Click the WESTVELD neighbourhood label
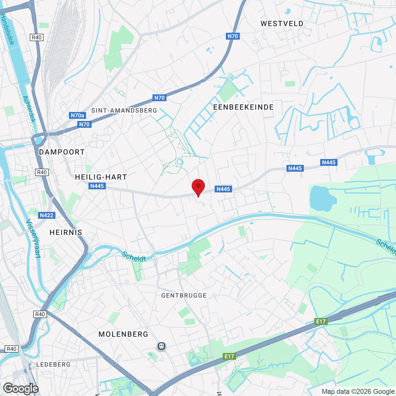[282, 24]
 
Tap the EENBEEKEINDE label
[243, 107]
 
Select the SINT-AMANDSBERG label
[124, 110]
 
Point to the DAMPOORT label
[62, 152]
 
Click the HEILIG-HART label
[101, 177]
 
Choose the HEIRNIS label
[66, 232]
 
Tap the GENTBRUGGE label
[184, 295]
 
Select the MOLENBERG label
[123, 334]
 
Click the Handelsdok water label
[7, 29]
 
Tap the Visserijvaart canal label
[33, 239]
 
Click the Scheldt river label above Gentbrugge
[134, 256]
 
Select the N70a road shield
[77, 115]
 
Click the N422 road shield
[47, 215]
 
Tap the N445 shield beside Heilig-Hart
[97, 186]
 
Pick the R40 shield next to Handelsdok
[37, 37]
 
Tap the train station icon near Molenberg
[161, 346]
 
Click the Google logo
[21, 389]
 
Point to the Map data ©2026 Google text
[358, 391]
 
